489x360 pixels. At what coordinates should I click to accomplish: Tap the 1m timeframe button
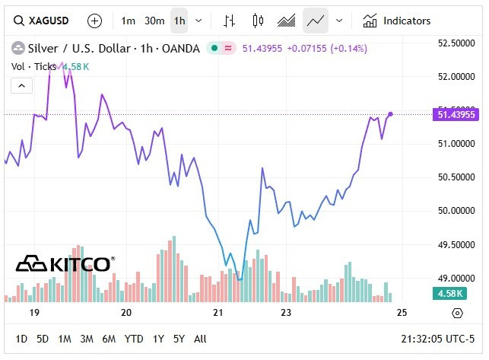tap(129, 21)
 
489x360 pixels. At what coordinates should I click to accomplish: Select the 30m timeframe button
tap(154, 21)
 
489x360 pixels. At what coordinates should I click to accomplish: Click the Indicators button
tap(397, 21)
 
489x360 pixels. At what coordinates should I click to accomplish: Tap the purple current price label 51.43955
tap(456, 115)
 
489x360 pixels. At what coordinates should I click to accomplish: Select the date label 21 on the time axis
tap(218, 313)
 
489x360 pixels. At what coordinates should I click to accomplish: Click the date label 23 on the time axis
tap(287, 313)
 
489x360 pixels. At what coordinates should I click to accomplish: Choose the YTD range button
tap(134, 339)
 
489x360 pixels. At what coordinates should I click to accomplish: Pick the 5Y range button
tap(179, 339)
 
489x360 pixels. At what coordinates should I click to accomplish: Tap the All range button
tap(200, 339)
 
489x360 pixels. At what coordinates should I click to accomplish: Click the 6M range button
tap(109, 339)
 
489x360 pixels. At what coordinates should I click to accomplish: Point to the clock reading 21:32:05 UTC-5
tap(438, 339)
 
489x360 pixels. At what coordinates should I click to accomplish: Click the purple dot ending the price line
tap(390, 114)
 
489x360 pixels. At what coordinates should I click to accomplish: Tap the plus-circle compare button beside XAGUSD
tap(94, 21)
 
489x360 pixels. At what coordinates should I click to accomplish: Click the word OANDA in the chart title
tap(182, 49)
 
